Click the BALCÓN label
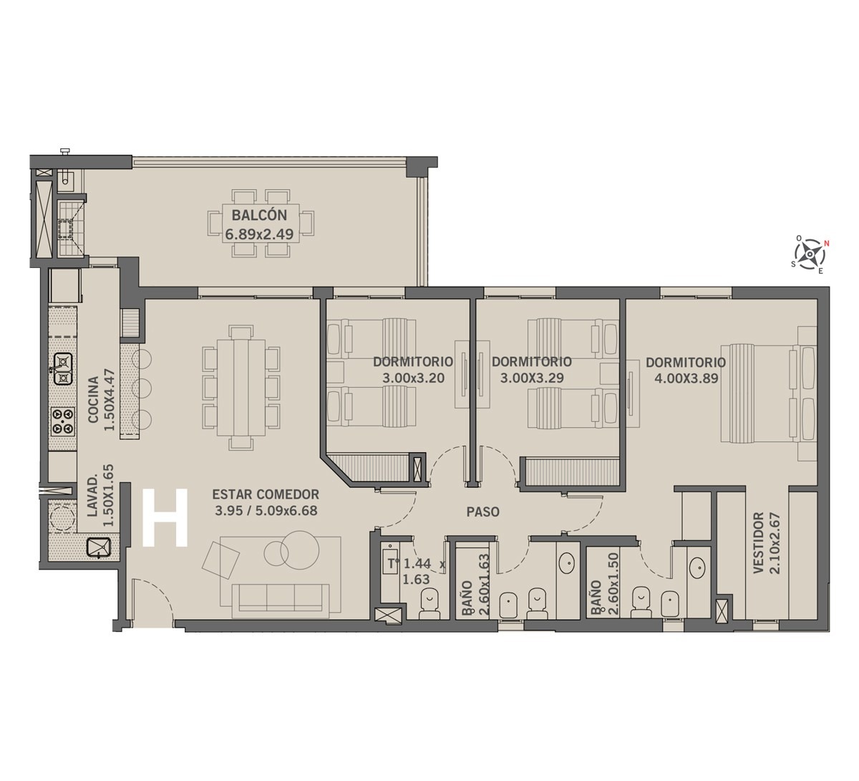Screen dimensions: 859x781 [x=259, y=215]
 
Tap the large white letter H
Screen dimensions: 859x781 [x=165, y=518]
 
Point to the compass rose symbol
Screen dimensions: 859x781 [x=810, y=254]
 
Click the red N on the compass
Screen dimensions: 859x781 [x=827, y=244]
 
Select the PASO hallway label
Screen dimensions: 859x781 [x=483, y=512]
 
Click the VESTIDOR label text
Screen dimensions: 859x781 [x=758, y=542]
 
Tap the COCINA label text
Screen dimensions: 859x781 [x=93, y=400]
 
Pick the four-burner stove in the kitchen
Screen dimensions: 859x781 [x=63, y=421]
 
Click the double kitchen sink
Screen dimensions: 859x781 [x=63, y=369]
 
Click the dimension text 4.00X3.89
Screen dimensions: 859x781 [x=686, y=378]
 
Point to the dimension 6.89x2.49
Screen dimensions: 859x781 [x=259, y=234]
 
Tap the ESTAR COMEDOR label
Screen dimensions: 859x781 [x=266, y=494]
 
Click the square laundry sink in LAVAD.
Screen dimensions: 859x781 [x=99, y=548]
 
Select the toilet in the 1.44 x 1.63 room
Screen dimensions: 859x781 [x=429, y=603]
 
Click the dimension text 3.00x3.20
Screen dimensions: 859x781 [x=413, y=378]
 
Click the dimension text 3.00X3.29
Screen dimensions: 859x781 [x=532, y=378]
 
